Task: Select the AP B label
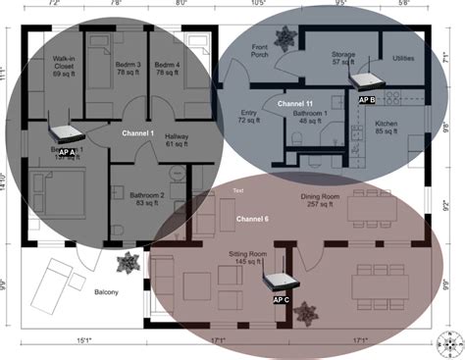coord(367,99)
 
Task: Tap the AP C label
coord(280,298)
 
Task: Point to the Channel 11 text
coord(295,103)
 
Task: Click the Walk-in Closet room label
coord(65,67)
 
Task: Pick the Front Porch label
coord(260,51)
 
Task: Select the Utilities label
coord(403,59)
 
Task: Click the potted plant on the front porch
coord(286,39)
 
